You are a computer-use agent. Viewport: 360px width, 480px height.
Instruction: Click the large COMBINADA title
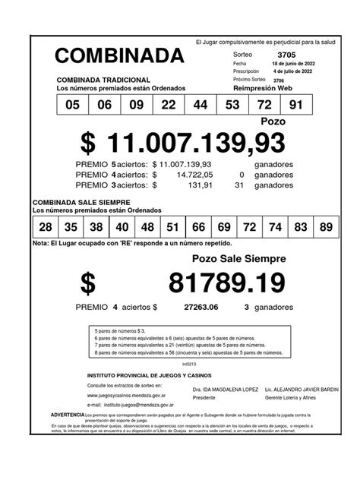pos(119,55)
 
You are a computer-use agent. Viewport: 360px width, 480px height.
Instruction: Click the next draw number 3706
pos(278,79)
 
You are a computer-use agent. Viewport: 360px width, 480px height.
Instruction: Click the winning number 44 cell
pos(201,106)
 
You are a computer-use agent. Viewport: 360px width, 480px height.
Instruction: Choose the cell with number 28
pos(46,227)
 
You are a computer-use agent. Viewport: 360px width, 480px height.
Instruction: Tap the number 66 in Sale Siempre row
pos(199,227)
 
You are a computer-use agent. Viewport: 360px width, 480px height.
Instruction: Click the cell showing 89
pos(326,227)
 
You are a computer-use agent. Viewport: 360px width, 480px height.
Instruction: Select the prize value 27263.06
pos(201,308)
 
